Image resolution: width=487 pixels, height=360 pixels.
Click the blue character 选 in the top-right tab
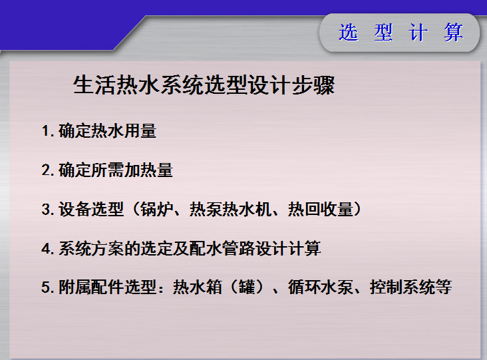point(348,33)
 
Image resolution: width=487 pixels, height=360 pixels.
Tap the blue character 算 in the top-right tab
point(454,33)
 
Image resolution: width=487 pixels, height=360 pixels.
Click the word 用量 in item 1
point(140,131)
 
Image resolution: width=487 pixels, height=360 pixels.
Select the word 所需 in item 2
point(108,170)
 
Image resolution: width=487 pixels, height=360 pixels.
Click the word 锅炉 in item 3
point(156,209)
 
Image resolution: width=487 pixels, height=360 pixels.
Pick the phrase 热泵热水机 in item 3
point(230,209)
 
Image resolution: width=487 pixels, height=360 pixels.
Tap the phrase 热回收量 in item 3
point(321,209)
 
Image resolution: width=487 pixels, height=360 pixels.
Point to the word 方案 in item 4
point(108,248)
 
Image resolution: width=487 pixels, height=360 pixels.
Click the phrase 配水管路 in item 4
point(222,248)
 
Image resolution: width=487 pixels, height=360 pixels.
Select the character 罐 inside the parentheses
point(247,287)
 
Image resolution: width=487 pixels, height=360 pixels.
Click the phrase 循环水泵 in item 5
point(321,287)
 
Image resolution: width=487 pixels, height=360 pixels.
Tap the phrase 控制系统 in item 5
point(403,287)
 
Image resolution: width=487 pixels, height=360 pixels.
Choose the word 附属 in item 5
point(75,287)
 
